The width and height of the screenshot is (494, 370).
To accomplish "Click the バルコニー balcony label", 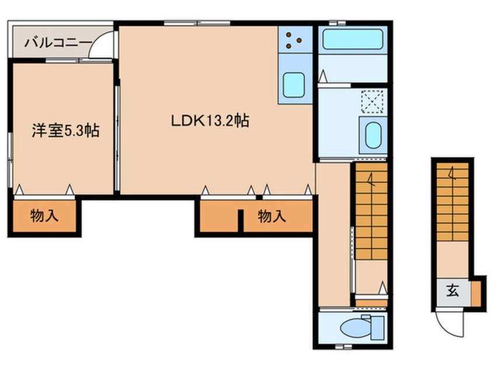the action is [58, 42].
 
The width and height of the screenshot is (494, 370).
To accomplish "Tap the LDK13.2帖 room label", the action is [210, 121].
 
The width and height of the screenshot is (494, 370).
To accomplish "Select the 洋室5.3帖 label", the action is [65, 130].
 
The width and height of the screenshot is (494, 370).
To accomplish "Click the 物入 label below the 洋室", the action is [44, 216].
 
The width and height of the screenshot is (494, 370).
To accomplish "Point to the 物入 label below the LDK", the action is [272, 217].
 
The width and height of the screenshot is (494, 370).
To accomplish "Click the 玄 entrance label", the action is [453, 290].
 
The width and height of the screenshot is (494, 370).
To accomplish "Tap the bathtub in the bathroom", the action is [353, 39].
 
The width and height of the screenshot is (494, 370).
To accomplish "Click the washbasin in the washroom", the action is [373, 135].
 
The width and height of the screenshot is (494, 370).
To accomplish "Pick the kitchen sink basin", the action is [294, 85].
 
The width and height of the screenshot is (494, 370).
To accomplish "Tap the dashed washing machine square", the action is [373, 102].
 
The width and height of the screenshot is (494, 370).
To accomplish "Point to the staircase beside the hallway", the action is [371, 211].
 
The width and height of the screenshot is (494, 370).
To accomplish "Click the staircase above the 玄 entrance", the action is [453, 202].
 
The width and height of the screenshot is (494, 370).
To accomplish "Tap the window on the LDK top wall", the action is [197, 23].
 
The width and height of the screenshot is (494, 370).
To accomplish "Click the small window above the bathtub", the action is [337, 23].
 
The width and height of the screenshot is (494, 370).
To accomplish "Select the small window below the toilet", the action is [343, 347].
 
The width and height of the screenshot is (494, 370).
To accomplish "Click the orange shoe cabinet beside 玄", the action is [476, 294].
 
